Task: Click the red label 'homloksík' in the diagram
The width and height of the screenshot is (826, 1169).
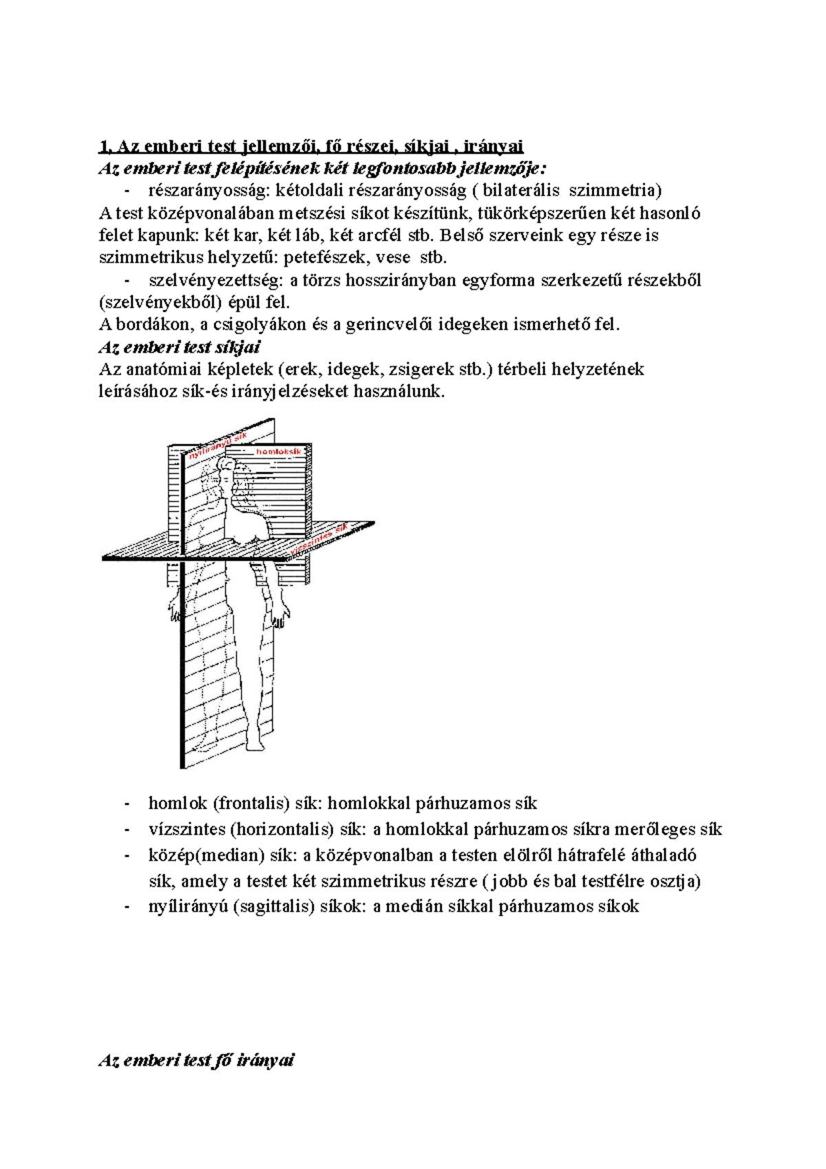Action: [279, 452]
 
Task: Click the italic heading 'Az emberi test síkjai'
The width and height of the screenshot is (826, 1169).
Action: [180, 347]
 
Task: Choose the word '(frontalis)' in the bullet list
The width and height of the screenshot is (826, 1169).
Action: [251, 803]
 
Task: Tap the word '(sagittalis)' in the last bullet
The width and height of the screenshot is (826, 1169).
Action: [273, 907]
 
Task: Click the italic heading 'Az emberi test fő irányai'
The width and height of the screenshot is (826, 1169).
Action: [196, 1060]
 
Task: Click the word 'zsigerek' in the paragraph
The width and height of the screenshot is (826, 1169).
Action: [421, 370]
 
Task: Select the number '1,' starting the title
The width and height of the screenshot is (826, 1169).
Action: [105, 146]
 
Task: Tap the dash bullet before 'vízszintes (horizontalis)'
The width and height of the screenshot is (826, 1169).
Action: [127, 830]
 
